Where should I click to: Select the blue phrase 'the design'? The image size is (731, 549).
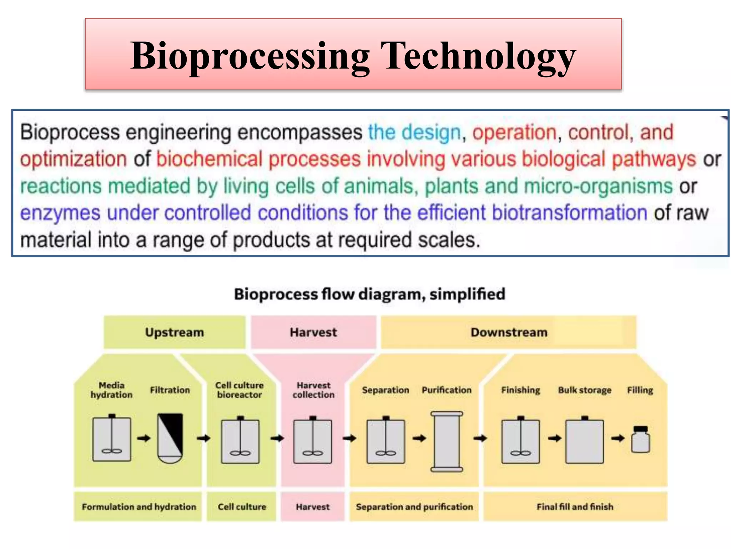click(414, 133)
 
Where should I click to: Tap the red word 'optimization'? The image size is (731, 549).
click(73, 159)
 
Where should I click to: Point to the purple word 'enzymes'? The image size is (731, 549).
click(60, 213)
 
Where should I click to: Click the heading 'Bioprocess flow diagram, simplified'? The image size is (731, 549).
click(369, 295)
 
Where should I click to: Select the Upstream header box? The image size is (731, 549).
click(175, 332)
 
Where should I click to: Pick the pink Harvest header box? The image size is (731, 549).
click(313, 332)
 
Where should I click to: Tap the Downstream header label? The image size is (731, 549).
click(509, 332)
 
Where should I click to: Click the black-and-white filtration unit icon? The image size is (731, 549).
click(170, 438)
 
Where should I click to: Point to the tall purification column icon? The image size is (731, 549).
click(447, 441)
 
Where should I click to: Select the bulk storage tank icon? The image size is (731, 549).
click(584, 441)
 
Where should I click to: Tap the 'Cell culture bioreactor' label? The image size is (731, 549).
click(240, 390)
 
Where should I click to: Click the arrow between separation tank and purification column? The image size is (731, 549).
click(419, 438)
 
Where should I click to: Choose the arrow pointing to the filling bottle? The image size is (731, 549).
click(618, 438)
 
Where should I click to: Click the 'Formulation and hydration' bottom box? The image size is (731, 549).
click(138, 507)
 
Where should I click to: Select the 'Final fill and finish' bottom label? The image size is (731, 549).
click(575, 507)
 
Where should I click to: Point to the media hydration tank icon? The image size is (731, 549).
click(112, 439)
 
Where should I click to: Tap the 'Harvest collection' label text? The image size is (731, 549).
click(313, 390)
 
